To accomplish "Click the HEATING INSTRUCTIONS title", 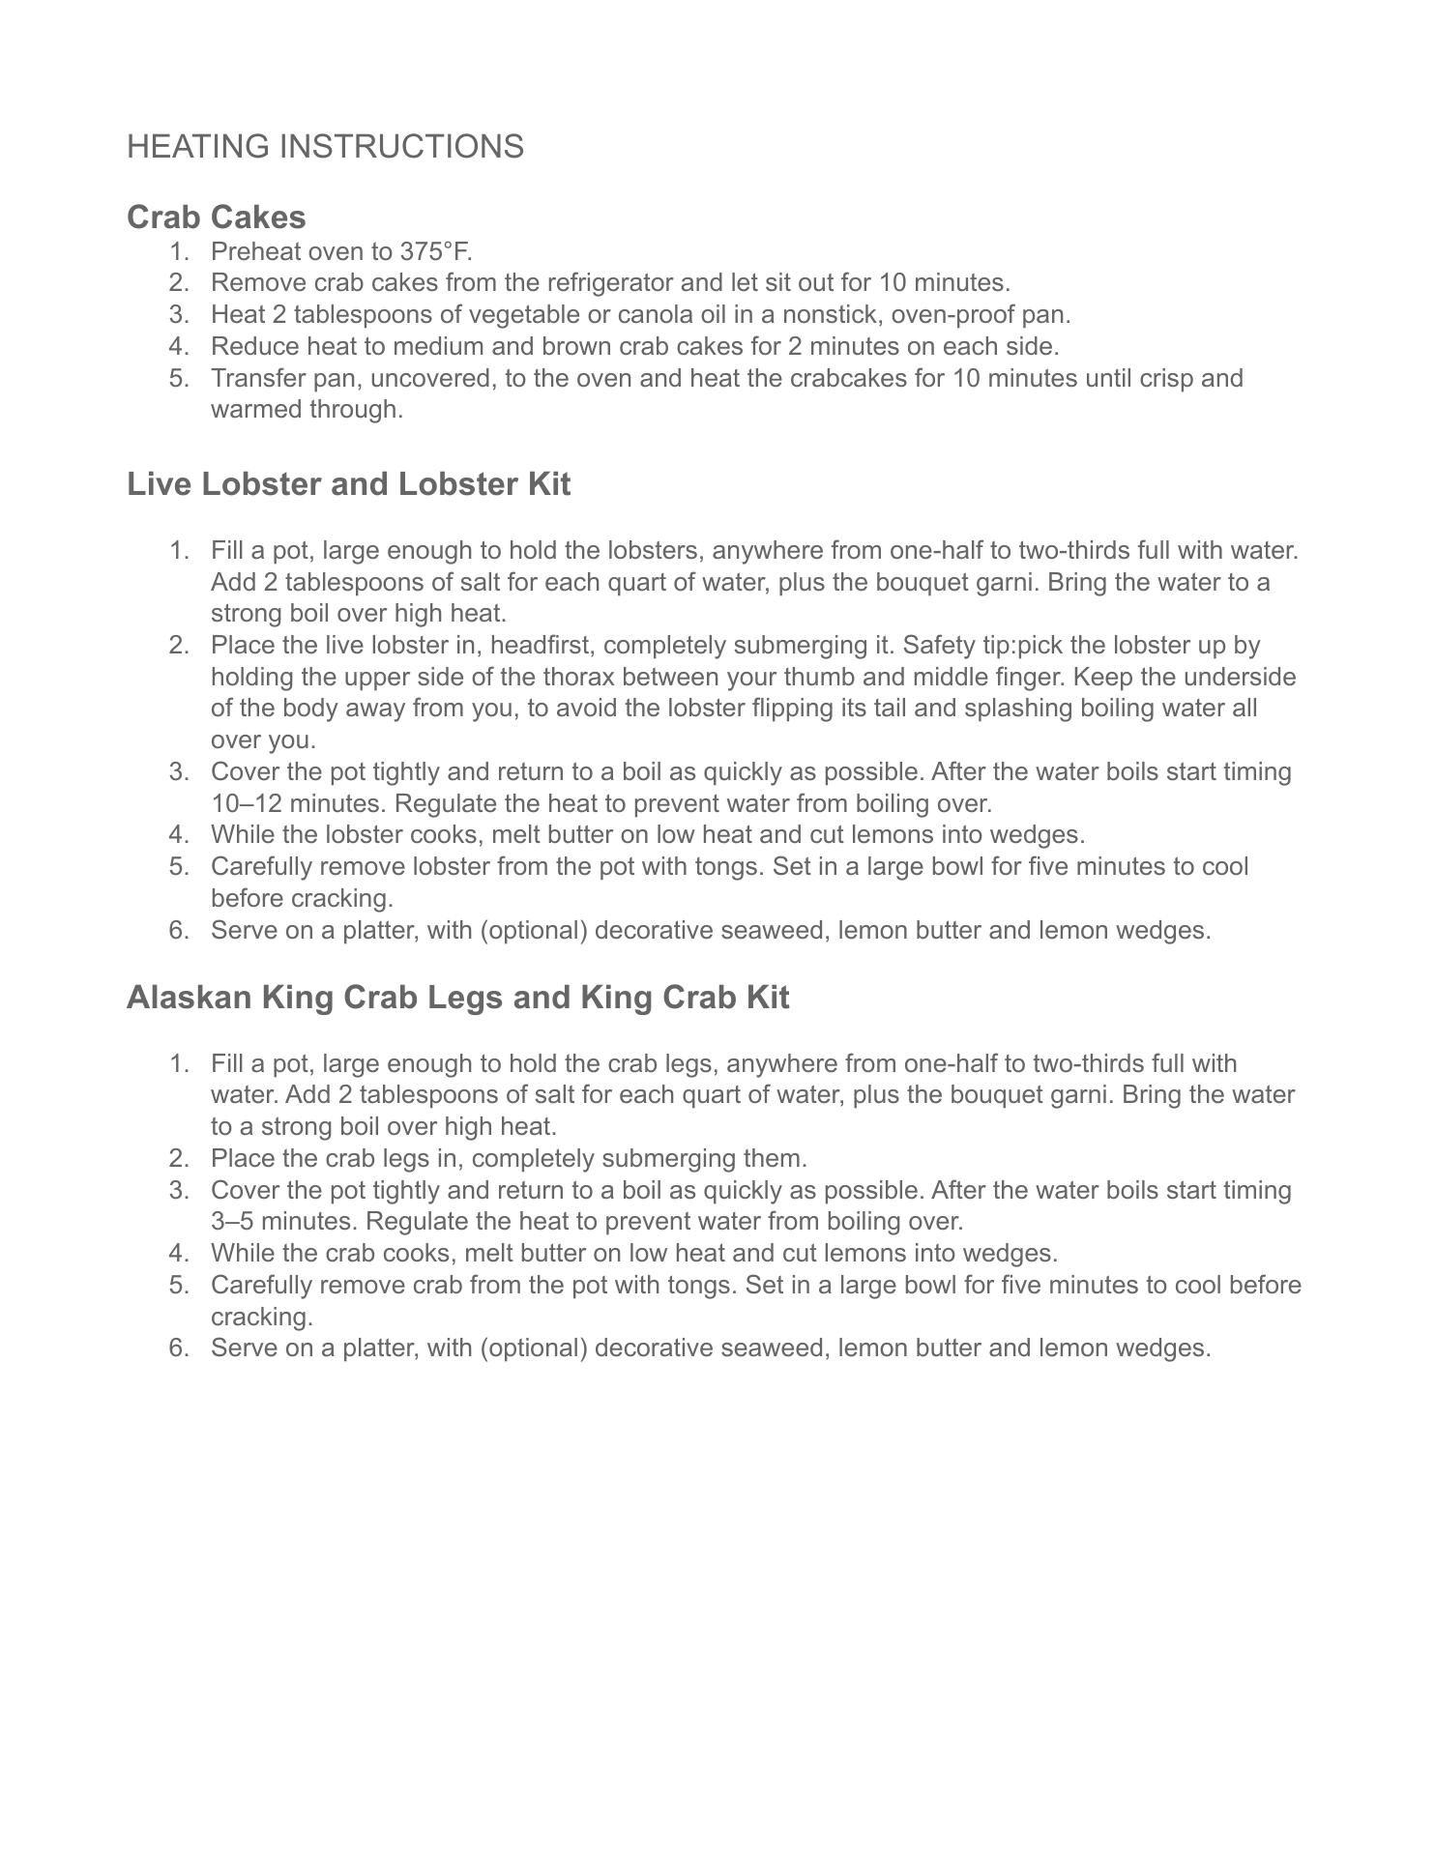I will pos(325,147).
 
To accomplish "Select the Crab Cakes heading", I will pos(216,217).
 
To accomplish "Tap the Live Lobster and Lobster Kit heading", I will pos(348,483).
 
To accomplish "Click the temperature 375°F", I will pos(435,251).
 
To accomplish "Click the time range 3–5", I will pos(232,1221).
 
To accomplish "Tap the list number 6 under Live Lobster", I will pos(178,930).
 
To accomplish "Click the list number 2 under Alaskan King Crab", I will pos(178,1158).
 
